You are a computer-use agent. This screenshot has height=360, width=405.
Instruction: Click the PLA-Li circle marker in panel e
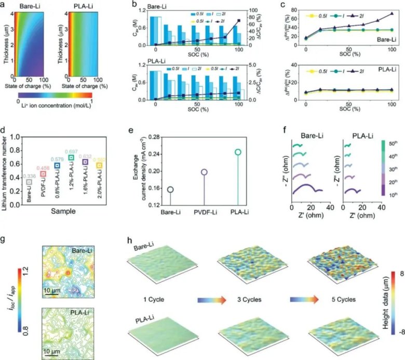238,152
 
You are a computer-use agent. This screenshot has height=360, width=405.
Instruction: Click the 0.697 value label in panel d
71,151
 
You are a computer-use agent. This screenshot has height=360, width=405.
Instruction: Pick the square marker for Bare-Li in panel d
29,182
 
